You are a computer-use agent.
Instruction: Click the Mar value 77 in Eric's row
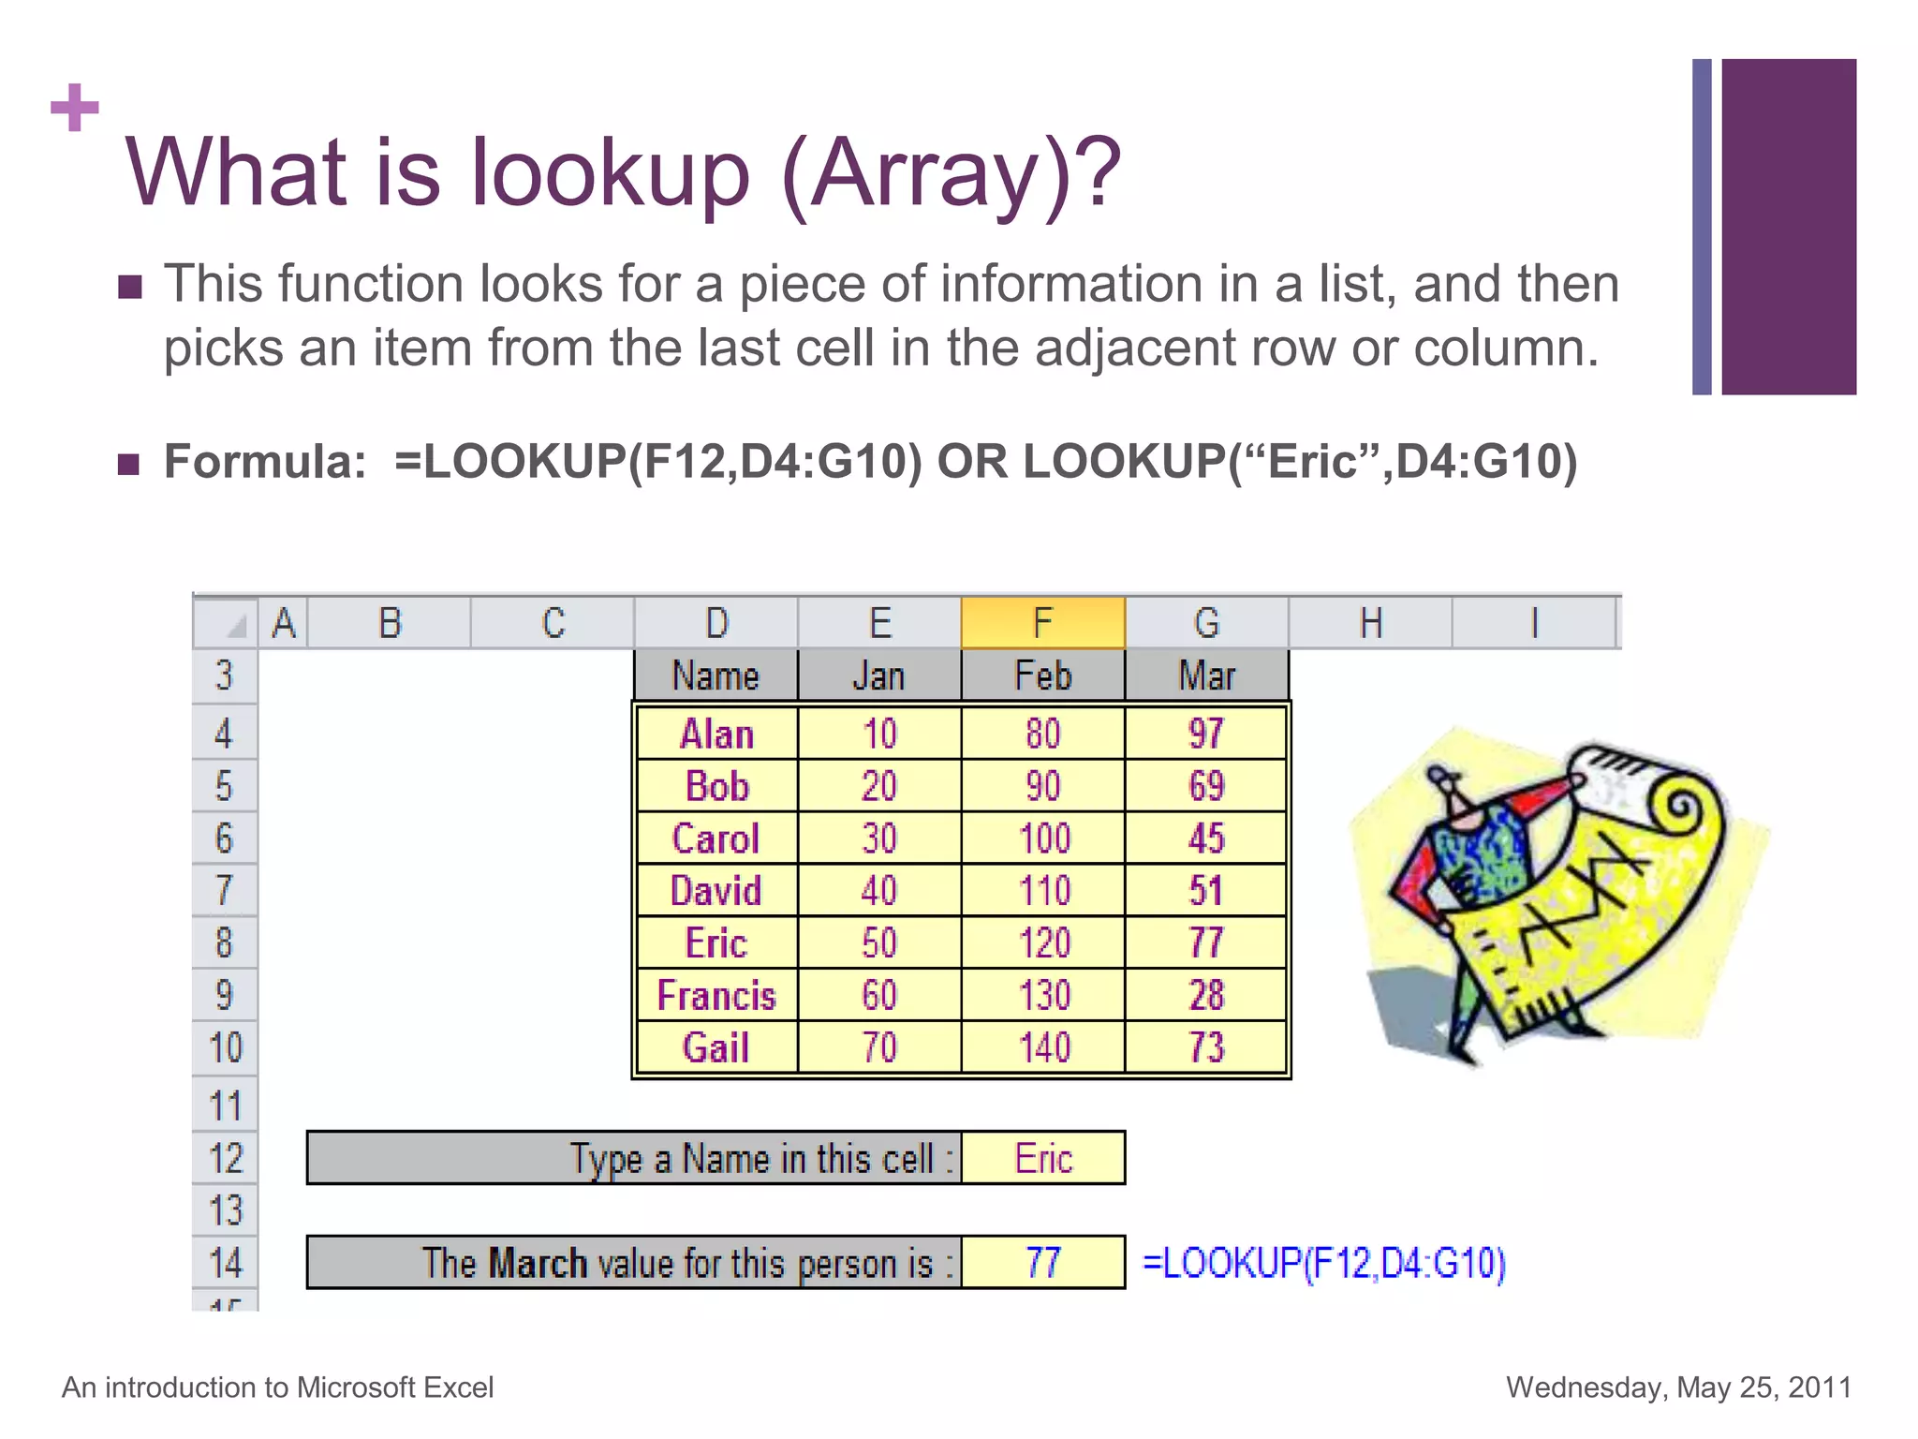point(1206,942)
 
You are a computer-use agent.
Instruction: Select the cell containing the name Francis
point(716,995)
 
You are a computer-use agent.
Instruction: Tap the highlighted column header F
point(1042,623)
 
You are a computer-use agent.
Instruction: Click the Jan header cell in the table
point(878,675)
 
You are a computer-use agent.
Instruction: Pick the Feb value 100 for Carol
point(1043,838)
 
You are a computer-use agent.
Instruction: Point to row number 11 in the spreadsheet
point(225,1105)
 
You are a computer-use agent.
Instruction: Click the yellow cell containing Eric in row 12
point(1042,1159)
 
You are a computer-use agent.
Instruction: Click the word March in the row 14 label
point(538,1263)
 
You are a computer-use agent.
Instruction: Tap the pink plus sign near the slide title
point(75,108)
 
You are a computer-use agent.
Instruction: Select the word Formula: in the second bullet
point(265,461)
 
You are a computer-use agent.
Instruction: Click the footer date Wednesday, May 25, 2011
point(1678,1387)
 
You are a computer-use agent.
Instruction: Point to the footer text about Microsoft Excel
point(277,1387)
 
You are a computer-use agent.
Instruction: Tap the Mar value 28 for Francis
point(1206,995)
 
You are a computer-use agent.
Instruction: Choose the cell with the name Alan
point(716,734)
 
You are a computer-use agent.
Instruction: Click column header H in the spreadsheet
point(1370,623)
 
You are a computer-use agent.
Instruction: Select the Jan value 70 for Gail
point(878,1047)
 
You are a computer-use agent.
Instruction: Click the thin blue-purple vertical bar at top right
point(1702,227)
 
